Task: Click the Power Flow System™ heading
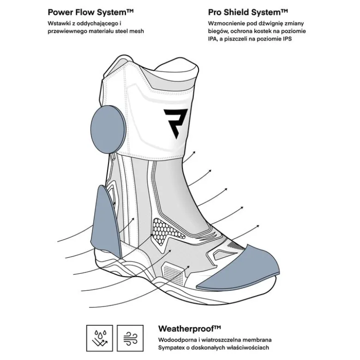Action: pyautogui.click(x=90, y=12)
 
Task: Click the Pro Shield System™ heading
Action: pyautogui.click(x=248, y=12)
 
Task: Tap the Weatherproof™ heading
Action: pyautogui.click(x=189, y=329)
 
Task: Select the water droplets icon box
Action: pyautogui.click(x=100, y=338)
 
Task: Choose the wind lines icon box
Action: pyautogui.click(x=130, y=338)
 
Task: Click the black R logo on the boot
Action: pyautogui.click(x=175, y=124)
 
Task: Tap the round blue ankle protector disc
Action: pyautogui.click(x=108, y=130)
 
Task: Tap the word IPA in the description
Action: pyautogui.click(x=213, y=39)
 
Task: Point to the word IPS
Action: pyautogui.click(x=287, y=39)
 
